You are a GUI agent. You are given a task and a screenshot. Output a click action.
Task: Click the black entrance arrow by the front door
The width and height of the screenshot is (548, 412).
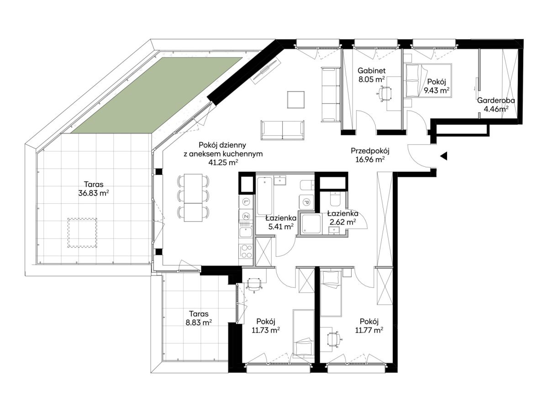point(443,156)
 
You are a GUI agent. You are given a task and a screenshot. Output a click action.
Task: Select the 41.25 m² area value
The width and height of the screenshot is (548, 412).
point(223,163)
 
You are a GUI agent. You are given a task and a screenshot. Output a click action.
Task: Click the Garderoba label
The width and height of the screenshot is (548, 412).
point(496,100)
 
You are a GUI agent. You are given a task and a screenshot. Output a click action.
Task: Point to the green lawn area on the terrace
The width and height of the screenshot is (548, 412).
point(157,95)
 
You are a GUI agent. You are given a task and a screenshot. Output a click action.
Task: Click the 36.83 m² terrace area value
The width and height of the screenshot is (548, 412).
point(94,193)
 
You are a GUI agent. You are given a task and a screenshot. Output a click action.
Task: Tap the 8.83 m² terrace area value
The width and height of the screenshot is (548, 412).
point(199,322)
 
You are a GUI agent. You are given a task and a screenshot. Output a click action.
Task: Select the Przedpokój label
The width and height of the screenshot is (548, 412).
point(370,151)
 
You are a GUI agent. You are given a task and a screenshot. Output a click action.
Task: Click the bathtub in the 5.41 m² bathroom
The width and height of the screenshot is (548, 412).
point(264,196)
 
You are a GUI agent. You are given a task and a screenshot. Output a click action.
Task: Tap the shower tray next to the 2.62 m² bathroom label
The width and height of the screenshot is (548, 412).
point(311,224)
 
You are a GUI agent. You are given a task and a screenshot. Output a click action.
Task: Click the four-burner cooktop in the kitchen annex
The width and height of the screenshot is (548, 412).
point(246,251)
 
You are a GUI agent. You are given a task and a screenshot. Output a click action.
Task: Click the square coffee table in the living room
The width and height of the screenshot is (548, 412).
point(296,100)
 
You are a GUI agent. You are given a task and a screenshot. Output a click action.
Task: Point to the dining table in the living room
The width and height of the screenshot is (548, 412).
point(193,197)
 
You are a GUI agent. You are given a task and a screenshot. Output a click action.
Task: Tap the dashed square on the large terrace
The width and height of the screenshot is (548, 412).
point(82,232)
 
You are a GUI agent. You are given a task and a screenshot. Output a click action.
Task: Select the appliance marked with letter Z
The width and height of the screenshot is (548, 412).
point(246,216)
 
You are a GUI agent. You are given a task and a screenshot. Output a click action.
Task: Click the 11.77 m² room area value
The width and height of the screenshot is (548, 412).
point(369,330)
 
